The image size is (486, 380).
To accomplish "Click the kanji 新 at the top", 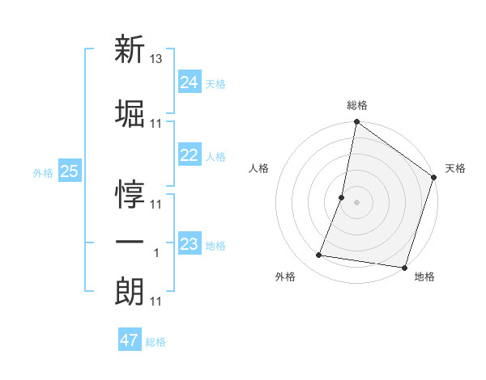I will click(x=130, y=50).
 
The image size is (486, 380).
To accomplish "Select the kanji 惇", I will click(x=130, y=195).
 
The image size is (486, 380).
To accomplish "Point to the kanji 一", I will click(x=130, y=242).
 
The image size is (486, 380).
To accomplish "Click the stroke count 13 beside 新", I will click(x=157, y=60).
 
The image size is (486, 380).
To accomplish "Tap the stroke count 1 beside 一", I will click(x=157, y=253).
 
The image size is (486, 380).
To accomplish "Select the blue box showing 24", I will click(x=190, y=82).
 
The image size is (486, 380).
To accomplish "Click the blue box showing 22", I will click(x=190, y=156).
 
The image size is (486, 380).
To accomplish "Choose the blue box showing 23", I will click(x=190, y=244).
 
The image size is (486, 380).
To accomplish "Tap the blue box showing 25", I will click(x=70, y=171).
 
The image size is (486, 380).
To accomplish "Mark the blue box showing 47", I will click(x=129, y=340).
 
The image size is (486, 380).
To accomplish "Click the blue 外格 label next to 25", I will click(x=43, y=172).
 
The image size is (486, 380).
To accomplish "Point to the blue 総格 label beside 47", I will click(x=156, y=342).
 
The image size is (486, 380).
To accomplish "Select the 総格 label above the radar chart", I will click(x=357, y=106).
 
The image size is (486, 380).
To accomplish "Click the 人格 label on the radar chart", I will click(x=259, y=168).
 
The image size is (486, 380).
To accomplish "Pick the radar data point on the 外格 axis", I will click(x=319, y=255).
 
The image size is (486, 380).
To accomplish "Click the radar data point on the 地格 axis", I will click(x=403, y=267).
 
